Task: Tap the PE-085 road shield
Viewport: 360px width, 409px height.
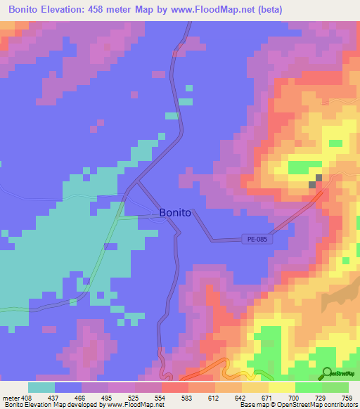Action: click(x=257, y=239)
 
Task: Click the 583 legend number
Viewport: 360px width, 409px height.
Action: click(x=187, y=398)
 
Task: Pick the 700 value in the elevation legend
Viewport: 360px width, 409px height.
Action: click(x=294, y=398)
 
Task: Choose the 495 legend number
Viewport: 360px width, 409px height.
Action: click(x=107, y=398)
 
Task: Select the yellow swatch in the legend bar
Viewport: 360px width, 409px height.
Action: click(x=281, y=387)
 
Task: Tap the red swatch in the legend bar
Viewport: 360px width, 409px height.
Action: click(x=174, y=387)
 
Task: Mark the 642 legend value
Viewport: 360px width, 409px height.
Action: click(x=240, y=398)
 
